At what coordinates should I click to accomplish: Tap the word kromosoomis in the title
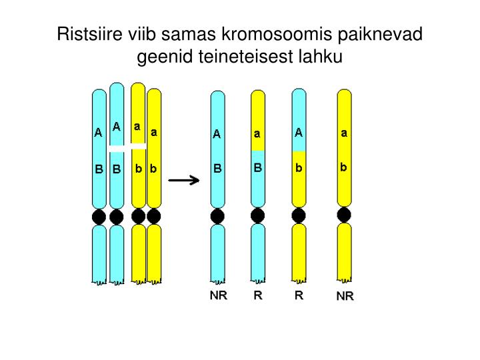pyautogui.click(x=277, y=33)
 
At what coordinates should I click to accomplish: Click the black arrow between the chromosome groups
pyautogui.click(x=184, y=180)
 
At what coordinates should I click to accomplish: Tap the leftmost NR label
pyautogui.click(x=218, y=295)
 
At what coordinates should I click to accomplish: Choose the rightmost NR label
pyautogui.click(x=345, y=296)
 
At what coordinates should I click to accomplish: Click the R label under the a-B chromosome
pyautogui.click(x=258, y=295)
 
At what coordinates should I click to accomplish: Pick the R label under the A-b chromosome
pyautogui.click(x=299, y=295)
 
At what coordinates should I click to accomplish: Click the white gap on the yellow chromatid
pyautogui.click(x=139, y=146)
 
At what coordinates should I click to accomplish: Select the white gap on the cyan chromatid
pyautogui.click(x=117, y=149)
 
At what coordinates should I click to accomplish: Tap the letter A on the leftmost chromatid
pyautogui.click(x=98, y=133)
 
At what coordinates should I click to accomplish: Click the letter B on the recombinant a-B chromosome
pyautogui.click(x=258, y=168)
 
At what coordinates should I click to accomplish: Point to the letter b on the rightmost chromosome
pyautogui.click(x=343, y=167)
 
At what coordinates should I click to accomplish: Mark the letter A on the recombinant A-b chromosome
pyautogui.click(x=299, y=133)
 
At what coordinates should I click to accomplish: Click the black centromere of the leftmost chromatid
pyautogui.click(x=99, y=217)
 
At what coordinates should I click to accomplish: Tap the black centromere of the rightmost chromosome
pyautogui.click(x=344, y=215)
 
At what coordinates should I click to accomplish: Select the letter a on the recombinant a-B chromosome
pyautogui.click(x=257, y=134)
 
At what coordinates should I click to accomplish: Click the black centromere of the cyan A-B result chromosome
pyautogui.click(x=217, y=216)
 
